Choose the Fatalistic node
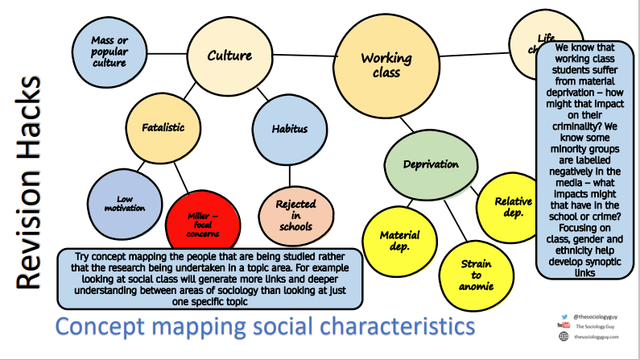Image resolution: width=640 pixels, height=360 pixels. [x=163, y=127]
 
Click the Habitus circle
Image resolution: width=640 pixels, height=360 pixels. [x=289, y=128]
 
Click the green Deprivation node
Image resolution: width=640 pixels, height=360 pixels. [x=431, y=163]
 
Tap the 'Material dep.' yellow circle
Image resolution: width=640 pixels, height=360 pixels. [x=400, y=241]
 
